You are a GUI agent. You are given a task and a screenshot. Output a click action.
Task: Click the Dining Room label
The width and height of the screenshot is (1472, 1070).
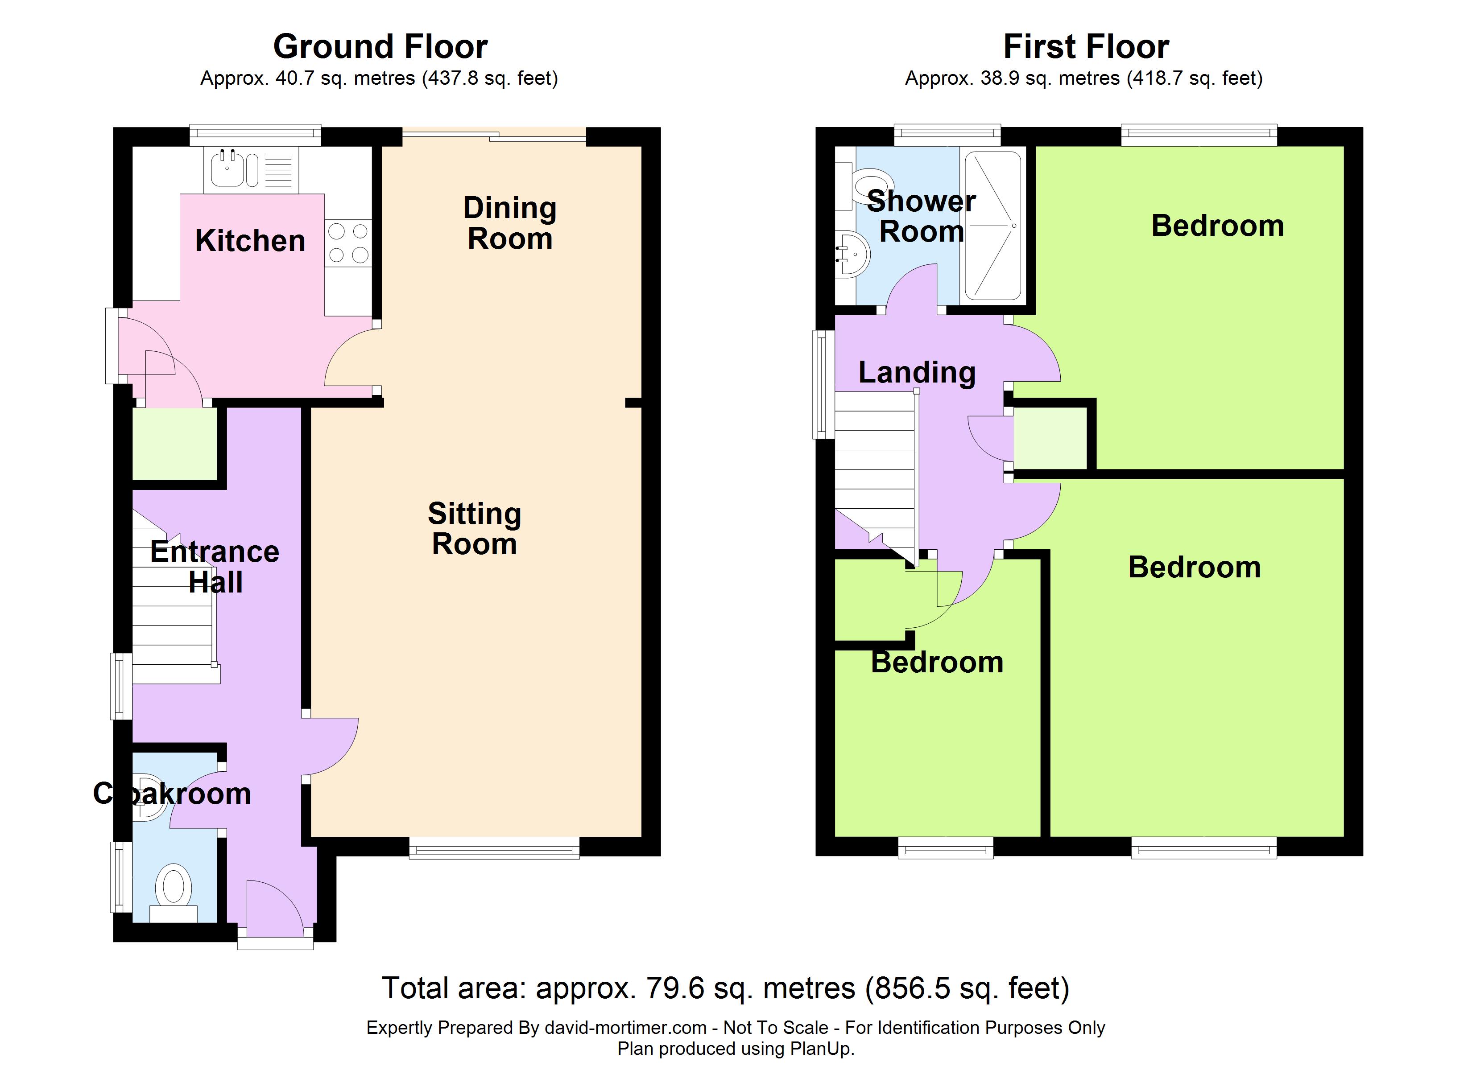(x=510, y=223)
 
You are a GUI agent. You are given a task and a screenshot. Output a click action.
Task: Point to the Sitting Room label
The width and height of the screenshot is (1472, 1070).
(x=475, y=529)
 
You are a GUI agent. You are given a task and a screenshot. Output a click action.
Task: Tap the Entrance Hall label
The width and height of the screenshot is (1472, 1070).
(x=215, y=567)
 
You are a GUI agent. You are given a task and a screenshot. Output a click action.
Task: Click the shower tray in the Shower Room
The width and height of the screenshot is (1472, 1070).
(x=993, y=226)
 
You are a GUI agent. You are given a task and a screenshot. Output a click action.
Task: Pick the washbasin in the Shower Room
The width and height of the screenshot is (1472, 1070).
(x=852, y=255)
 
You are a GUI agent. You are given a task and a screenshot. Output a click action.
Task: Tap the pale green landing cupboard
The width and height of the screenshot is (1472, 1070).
(x=1050, y=438)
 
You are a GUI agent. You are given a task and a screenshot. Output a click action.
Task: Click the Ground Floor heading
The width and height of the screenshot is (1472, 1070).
(x=380, y=47)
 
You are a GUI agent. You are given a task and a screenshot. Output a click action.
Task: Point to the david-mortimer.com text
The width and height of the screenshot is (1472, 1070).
(x=626, y=1028)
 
